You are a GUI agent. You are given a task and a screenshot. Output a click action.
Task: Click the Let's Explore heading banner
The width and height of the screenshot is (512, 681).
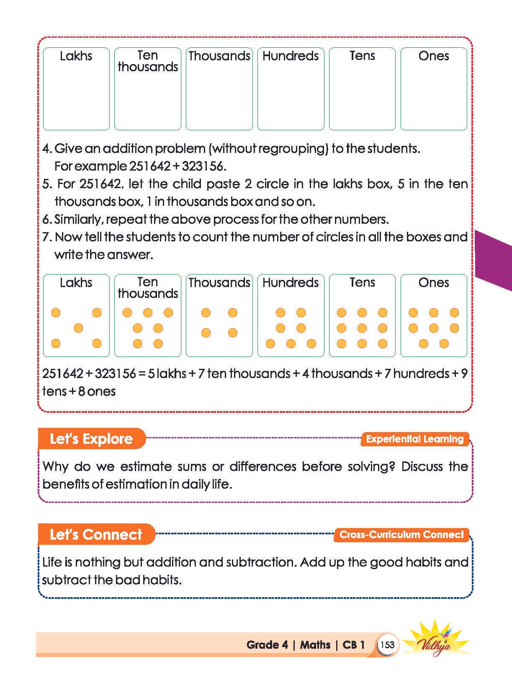coord(91,439)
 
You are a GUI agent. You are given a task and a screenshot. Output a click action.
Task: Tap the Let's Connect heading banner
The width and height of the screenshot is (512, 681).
coord(96,534)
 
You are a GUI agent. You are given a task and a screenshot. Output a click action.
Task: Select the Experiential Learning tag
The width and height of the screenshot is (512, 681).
coord(414,439)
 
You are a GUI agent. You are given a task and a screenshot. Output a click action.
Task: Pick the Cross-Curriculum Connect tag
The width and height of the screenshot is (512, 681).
coord(401,534)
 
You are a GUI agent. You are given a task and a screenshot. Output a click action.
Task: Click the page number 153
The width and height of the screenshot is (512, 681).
coord(387,645)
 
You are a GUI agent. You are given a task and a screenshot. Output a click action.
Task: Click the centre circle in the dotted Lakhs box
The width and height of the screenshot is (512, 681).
coord(78,328)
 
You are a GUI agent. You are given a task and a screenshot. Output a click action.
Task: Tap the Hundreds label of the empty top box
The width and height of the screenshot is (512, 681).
coord(291,56)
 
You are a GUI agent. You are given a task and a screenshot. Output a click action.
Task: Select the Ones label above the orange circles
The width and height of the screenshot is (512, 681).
coord(433,283)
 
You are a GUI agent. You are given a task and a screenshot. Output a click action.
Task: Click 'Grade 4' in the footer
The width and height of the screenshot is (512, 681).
coord(267,645)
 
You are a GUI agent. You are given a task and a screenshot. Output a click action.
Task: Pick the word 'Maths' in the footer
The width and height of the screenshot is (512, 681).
coord(315,645)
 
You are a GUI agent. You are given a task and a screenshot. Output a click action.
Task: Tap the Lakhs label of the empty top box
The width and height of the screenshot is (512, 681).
coord(76,56)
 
